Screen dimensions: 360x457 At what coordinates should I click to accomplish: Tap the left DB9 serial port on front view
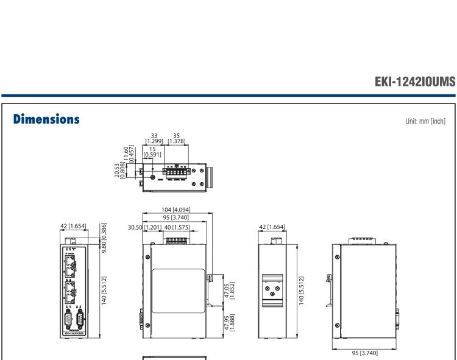[x=68, y=317]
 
